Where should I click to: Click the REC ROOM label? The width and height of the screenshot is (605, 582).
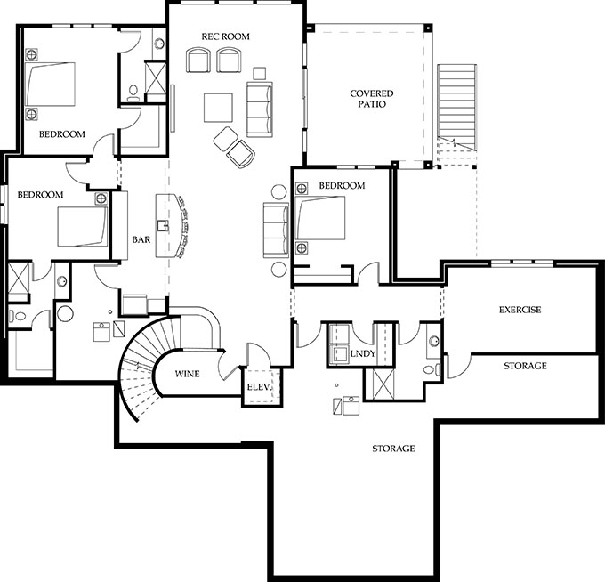coord(225,36)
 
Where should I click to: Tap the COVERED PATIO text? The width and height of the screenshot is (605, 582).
coord(372,99)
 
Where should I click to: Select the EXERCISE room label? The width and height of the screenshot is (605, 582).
coord(520,310)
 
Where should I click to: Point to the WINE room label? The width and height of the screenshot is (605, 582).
coord(187,374)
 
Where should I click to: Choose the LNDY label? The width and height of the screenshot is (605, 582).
coord(363,353)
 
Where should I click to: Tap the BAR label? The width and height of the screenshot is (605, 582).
coord(141,239)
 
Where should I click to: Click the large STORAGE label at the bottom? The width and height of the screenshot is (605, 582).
coord(393,449)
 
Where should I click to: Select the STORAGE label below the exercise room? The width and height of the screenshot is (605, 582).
coord(525,366)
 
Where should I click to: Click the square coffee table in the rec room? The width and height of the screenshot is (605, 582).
coord(218,108)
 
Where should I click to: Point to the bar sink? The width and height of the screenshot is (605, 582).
coord(163,225)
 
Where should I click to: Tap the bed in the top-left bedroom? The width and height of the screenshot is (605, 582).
coord(50,84)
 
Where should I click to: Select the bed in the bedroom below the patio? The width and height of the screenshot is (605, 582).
coord(320,218)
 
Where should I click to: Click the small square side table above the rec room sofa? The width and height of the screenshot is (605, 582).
coord(260,73)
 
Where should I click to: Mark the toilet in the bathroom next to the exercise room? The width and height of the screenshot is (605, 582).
coord(431,369)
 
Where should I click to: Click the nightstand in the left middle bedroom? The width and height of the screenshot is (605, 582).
coord(101,198)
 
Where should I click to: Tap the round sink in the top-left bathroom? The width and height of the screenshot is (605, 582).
coord(159,44)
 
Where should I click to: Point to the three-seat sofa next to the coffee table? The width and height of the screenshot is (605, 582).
coord(259,109)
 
